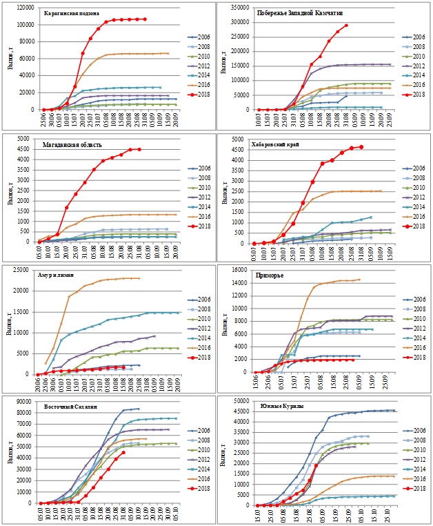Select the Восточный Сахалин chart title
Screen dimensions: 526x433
click(69, 406)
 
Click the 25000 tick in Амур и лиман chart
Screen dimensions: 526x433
click(27, 269)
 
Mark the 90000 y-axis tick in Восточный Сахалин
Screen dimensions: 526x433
click(28, 400)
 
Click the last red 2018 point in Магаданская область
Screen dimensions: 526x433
click(139, 149)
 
